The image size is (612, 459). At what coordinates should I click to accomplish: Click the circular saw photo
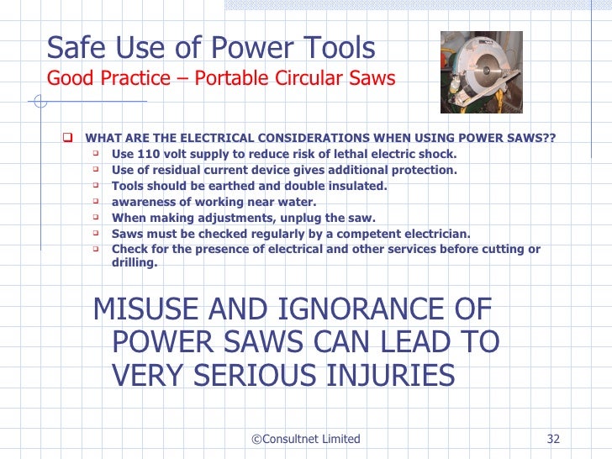click(x=475, y=72)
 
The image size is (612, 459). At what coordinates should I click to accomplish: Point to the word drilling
click(x=134, y=262)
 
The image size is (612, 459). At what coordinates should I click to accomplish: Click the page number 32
click(x=553, y=439)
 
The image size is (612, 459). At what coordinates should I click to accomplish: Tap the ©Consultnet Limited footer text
click(x=306, y=439)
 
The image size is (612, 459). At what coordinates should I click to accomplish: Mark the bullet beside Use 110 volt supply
click(x=97, y=154)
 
